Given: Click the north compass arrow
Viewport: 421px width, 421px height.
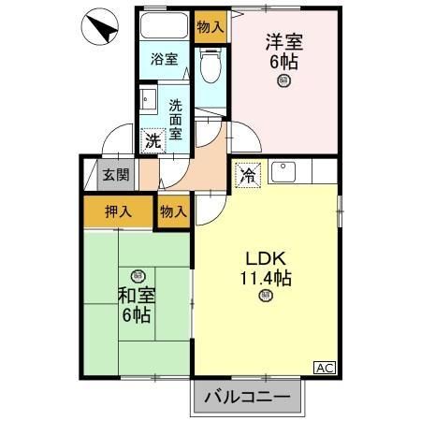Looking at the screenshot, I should [102, 30].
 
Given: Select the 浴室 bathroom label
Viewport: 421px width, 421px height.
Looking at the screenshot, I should [165, 59].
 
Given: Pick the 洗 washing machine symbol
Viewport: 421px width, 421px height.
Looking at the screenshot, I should [152, 142].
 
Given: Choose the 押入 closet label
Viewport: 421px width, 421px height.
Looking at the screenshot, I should [117, 211].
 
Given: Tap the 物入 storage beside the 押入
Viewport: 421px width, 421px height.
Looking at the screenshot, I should [174, 211].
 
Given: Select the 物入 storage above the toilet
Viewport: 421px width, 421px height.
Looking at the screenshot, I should [210, 26].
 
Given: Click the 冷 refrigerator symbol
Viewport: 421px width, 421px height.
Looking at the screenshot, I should [248, 174].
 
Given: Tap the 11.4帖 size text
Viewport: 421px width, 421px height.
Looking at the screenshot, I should [265, 279].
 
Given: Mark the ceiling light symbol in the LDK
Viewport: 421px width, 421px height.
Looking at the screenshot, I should [266, 298].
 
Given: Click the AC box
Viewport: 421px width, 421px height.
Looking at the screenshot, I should [324, 367].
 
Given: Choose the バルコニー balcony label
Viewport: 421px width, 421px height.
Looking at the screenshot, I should [249, 397].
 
